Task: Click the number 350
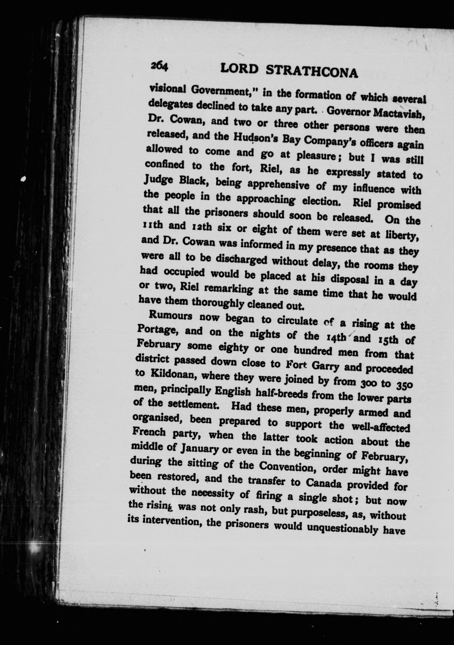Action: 404,384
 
